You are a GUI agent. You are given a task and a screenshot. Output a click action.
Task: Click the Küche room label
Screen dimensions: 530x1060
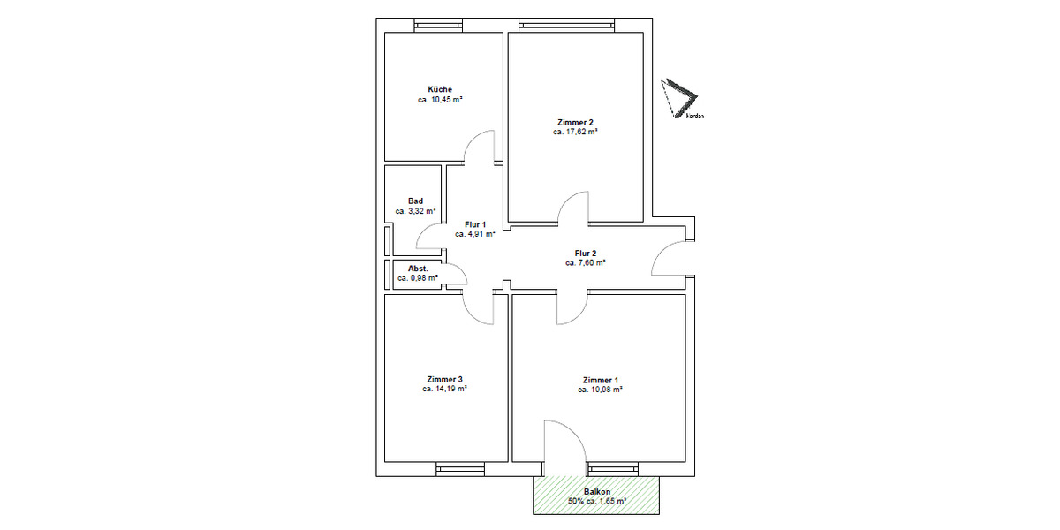point(440,89)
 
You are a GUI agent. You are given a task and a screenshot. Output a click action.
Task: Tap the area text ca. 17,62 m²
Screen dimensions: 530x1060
point(575,132)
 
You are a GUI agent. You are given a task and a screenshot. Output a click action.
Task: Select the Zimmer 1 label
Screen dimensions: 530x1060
point(600,379)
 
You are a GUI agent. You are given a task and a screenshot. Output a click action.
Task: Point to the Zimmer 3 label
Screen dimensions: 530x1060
point(443,379)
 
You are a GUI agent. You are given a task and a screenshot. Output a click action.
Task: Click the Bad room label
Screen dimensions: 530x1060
point(415,201)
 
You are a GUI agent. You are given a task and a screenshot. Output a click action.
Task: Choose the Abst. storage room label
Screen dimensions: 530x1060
point(418,268)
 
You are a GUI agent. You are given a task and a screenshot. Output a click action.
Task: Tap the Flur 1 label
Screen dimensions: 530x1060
point(474,225)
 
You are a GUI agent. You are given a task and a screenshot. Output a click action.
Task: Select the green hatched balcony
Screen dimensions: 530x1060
point(597,496)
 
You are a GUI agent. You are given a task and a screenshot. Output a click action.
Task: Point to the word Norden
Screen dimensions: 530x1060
point(694,116)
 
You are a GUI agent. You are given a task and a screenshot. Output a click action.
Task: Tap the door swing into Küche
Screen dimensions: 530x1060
point(480,148)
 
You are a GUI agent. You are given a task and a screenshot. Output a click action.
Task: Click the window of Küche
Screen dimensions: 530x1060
point(439,26)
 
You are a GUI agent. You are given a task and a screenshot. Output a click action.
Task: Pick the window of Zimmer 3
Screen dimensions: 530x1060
point(459,468)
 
